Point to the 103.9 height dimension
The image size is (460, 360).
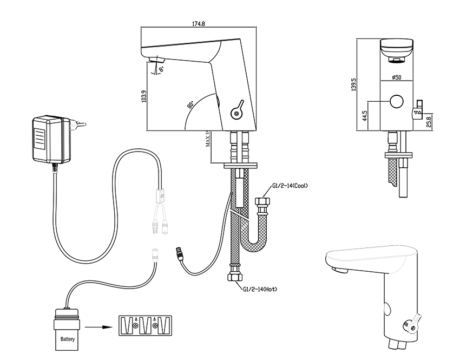click(x=143, y=98)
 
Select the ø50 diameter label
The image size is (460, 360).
click(x=397, y=78)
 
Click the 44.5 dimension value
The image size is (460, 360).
click(x=365, y=116)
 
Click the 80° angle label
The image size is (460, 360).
click(x=190, y=104)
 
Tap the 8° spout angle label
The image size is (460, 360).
click(x=161, y=69)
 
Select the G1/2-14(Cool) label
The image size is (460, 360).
click(x=289, y=186)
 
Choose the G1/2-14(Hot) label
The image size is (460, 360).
click(x=260, y=290)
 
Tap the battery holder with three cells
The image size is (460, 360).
click(x=144, y=325)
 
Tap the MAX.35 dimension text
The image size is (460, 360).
click(x=209, y=140)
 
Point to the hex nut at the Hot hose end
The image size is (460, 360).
click(x=234, y=276)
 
